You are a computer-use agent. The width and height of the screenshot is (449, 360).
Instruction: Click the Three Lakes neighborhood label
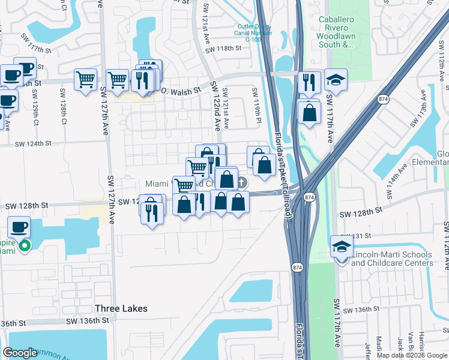click(121, 308)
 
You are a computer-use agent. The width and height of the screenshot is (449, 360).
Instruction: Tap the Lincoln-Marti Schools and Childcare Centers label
click(393, 259)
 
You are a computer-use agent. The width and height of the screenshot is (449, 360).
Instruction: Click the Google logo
click(20, 353)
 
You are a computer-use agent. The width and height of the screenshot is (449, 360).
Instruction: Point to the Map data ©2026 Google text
click(412, 355)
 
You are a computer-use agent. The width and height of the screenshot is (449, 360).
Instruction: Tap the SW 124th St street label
click(26, 144)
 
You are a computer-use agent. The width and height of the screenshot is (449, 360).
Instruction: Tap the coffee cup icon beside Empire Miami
click(19, 228)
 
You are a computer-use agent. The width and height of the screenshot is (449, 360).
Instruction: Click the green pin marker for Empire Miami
click(24, 245)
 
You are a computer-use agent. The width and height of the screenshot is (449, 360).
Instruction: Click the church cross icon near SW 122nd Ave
click(242, 182)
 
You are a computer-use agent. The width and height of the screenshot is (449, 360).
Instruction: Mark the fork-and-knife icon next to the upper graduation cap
click(309, 81)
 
